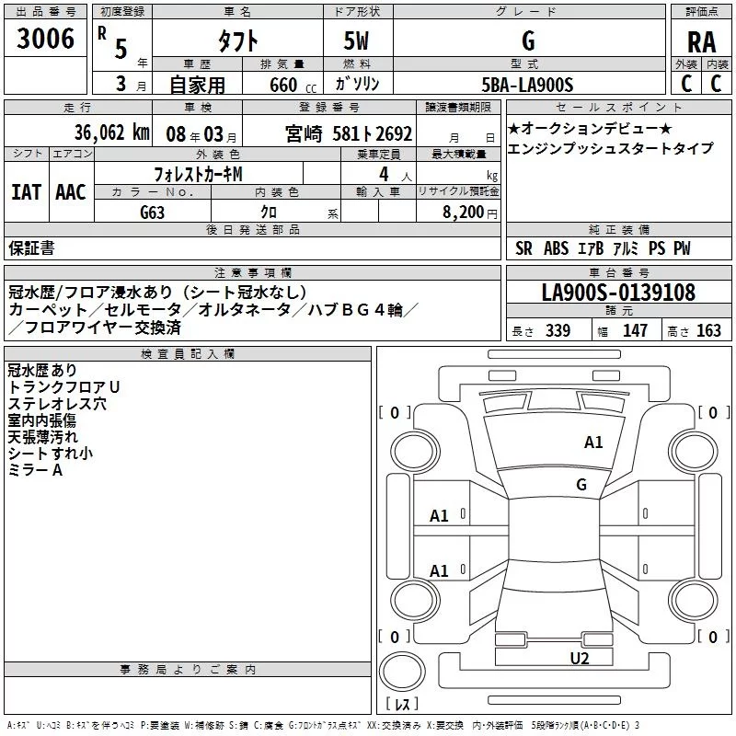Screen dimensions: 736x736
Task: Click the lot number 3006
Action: pos(46,39)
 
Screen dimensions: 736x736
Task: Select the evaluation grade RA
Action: pos(700,41)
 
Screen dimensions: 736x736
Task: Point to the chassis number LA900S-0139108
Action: pos(618,293)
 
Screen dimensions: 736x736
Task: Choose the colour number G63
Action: pos(153,213)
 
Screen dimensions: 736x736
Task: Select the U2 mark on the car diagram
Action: pos(579,658)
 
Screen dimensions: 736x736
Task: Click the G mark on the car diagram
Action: pos(581,484)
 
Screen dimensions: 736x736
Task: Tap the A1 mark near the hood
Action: pos(593,443)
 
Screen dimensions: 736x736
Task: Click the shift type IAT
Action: pos(26,191)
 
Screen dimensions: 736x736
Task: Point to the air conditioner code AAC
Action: pos(70,191)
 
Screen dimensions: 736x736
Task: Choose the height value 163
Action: pos(708,331)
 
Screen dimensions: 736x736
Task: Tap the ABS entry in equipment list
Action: pos(556,248)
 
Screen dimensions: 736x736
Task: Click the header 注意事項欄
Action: pos(252,273)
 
